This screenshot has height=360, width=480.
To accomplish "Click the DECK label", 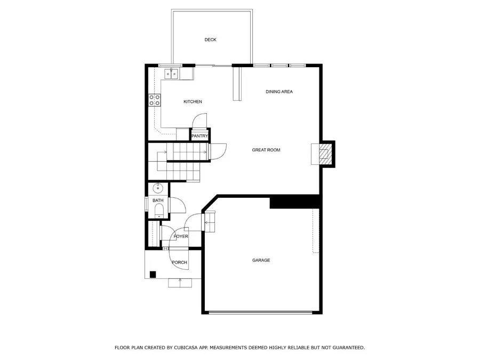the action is click(210, 40).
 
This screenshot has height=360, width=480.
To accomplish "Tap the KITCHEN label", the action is click(193, 102).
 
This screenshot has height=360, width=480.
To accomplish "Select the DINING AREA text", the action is click(279, 92).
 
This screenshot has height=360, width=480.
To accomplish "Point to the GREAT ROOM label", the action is click(266, 150).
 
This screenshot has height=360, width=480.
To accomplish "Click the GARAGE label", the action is click(261, 260).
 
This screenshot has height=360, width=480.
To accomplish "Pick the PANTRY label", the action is click(199, 136).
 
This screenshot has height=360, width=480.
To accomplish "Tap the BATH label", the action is click(158, 201).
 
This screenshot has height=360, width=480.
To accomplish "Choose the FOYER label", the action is click(181, 236).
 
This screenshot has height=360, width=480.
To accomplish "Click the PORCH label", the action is click(179, 262).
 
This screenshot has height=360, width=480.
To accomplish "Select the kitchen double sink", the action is click(171, 74).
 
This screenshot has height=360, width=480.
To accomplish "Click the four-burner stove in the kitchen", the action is click(154, 100).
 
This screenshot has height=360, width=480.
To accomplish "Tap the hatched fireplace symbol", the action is click(323, 154).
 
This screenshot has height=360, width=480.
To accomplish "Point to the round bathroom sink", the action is click(158, 188).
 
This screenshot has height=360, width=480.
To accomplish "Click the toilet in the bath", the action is click(159, 211).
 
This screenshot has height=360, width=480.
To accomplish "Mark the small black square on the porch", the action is click(153, 275).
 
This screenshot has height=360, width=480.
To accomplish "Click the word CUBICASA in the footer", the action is click(186, 348).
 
